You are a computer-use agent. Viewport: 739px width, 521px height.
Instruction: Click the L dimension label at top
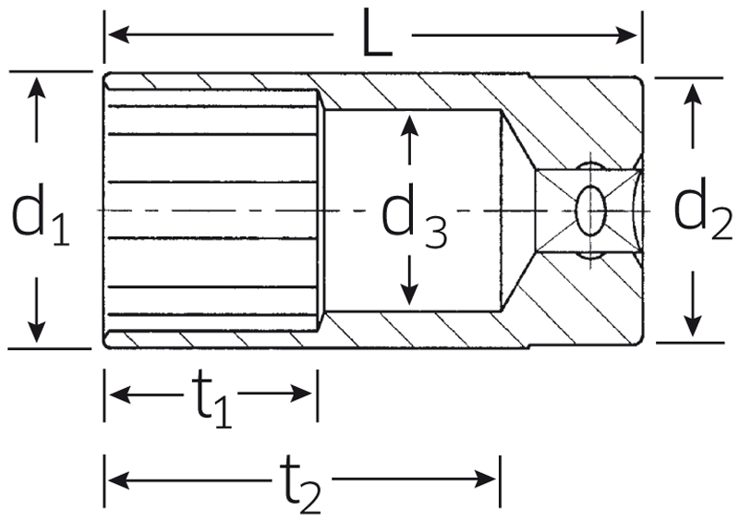point(377,33)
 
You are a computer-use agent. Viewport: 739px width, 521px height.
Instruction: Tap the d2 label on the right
point(703,211)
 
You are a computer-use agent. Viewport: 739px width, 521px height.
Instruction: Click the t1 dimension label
point(212,397)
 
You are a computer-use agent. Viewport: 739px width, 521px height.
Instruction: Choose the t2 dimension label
point(300,483)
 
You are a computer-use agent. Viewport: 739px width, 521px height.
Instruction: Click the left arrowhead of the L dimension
point(119,34)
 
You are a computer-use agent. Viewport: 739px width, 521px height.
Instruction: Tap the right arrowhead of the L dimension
point(626,35)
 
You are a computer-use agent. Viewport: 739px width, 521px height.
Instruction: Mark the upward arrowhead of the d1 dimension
point(36,88)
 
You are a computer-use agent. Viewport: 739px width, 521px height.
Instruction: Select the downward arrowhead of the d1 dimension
point(36,332)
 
